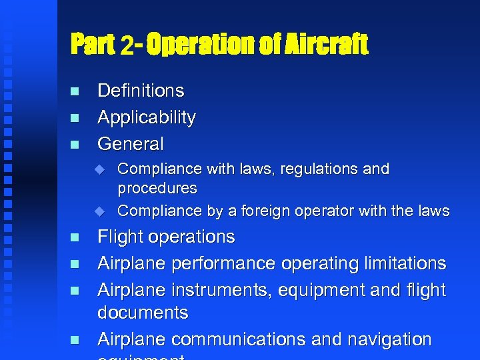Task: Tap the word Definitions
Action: (x=141, y=90)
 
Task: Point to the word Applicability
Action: (x=146, y=117)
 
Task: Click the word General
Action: (x=130, y=143)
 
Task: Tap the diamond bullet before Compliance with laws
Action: (x=100, y=169)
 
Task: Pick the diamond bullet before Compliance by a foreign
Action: (x=100, y=211)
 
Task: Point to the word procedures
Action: (x=157, y=189)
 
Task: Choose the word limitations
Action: (x=403, y=263)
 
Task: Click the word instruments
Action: (x=213, y=290)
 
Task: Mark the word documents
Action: (x=143, y=313)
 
